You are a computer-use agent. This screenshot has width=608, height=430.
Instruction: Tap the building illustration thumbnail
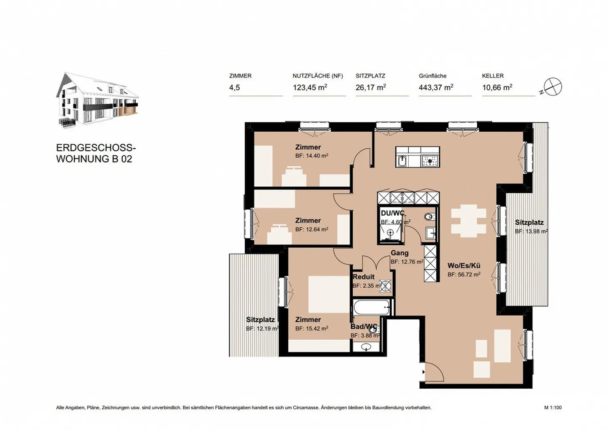point(97,100)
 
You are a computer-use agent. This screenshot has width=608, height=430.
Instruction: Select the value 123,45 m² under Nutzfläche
point(310,87)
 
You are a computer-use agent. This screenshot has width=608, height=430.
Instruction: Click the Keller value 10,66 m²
point(497,87)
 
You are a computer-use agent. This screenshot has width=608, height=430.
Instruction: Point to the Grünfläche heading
point(432,76)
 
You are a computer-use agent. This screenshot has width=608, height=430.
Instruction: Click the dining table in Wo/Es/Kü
point(468,220)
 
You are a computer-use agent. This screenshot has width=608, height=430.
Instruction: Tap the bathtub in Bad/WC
point(371,307)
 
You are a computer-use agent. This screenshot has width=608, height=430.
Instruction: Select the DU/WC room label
point(392,213)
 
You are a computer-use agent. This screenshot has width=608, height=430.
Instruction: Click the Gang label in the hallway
point(399,253)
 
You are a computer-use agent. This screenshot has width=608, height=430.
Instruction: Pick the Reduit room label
point(364,277)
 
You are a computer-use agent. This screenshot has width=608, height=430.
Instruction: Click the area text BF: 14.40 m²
point(312,156)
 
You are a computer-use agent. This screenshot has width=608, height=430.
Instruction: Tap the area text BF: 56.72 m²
point(464,274)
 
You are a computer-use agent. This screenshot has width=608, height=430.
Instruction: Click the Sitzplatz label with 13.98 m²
point(529,222)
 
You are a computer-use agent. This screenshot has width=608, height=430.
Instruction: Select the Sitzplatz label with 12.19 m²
point(260,320)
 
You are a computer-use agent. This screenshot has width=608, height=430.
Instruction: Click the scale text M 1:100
point(553,408)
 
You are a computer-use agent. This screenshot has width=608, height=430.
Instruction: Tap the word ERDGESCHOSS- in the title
point(96,148)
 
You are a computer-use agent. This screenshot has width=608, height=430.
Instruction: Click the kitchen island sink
point(403,160)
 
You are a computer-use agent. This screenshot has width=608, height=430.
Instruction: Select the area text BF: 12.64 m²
point(312,230)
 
